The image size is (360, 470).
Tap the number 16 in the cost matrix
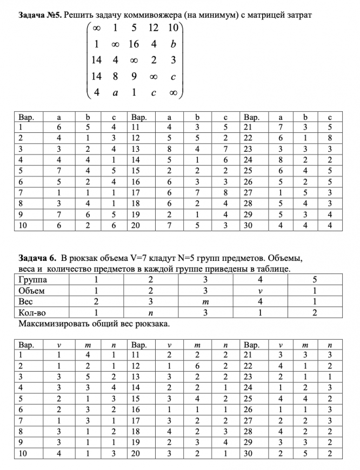click(134, 44)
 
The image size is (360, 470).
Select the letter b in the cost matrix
click(172, 44)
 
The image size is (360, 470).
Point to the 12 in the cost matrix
click(154, 28)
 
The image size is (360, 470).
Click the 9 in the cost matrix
click(134, 77)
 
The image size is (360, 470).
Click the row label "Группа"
click(33, 280)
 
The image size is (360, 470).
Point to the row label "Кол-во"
click(31, 312)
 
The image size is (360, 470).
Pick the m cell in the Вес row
click(205, 301)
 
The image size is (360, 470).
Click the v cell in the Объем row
click(259, 291)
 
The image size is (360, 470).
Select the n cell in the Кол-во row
click(151, 312)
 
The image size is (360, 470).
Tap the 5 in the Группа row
click(314, 280)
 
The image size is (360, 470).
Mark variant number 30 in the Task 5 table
click(249, 226)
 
